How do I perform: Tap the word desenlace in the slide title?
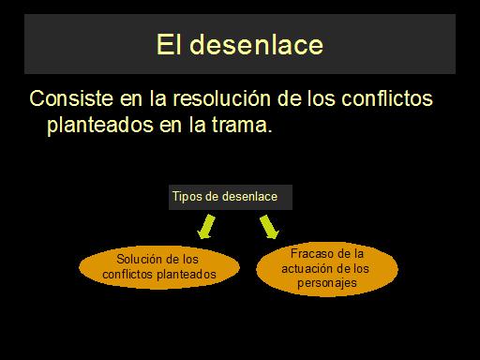click(256, 44)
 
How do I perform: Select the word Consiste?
click(71, 98)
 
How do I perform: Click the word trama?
click(242, 125)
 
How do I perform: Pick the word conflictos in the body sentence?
click(387, 98)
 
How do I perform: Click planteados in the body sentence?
click(100, 126)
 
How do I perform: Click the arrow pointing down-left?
click(206, 227)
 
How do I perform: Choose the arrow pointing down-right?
click(269, 227)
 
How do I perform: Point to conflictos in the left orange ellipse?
click(128, 275)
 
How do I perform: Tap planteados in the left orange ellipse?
click(187, 275)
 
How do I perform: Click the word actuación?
click(306, 268)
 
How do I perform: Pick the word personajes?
click(327, 283)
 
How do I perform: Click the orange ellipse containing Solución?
click(159, 267)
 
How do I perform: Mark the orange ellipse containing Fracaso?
click(327, 269)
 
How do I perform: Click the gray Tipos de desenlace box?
click(231, 197)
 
